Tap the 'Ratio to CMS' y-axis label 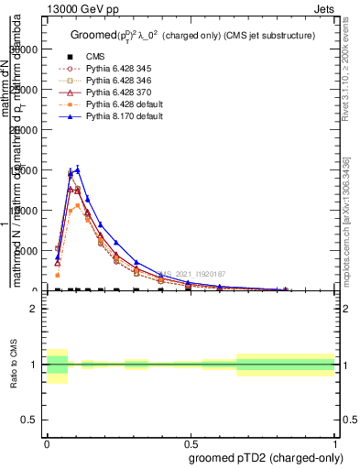pos(13,365)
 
